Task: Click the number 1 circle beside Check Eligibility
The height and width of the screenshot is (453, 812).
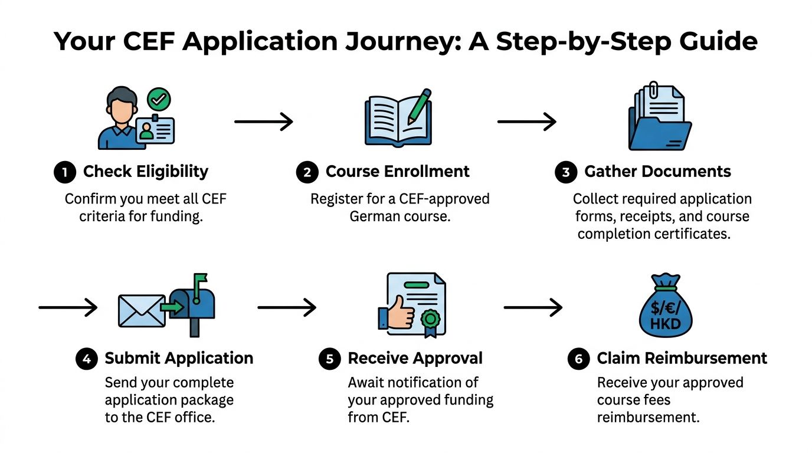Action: (65, 172)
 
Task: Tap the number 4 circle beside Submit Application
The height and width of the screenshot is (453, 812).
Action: (87, 359)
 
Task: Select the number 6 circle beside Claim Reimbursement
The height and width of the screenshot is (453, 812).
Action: (578, 359)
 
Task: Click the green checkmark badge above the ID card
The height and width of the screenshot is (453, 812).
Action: (159, 99)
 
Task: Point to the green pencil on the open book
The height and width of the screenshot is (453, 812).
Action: (420, 107)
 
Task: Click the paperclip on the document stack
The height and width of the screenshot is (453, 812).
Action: (653, 90)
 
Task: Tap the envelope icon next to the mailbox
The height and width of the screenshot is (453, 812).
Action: (142, 311)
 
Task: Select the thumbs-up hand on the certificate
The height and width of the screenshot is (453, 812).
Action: (397, 313)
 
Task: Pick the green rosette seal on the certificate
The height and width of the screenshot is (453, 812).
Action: (430, 322)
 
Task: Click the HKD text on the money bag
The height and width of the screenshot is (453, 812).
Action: (666, 324)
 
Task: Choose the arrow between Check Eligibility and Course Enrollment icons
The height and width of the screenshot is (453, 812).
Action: (264, 122)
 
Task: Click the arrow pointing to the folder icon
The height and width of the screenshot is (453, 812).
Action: (527, 122)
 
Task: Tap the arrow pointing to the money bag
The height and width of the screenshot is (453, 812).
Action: (533, 307)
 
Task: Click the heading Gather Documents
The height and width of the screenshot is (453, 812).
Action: (657, 172)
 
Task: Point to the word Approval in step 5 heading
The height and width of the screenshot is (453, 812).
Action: (448, 359)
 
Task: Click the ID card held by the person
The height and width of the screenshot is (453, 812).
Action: (155, 129)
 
